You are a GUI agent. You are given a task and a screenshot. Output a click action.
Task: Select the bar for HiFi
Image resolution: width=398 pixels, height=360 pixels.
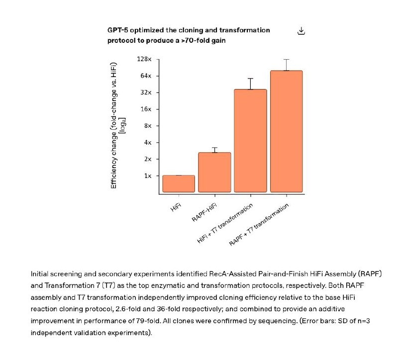coord(179,183)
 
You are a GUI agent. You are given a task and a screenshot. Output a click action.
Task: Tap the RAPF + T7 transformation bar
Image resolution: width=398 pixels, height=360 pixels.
coord(286,131)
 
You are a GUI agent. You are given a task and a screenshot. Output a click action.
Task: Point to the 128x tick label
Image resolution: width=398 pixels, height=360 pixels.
coord(143,59)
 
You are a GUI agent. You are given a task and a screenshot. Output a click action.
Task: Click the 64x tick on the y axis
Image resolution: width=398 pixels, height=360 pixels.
coord(145,76)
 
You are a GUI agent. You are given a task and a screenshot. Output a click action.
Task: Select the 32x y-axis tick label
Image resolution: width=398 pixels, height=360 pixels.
coord(145,92)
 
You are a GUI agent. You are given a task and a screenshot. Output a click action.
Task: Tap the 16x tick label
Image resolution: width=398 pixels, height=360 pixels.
coord(145,109)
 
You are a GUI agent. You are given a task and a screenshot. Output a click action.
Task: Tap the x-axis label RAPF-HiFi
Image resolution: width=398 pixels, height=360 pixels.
coord(205,212)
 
